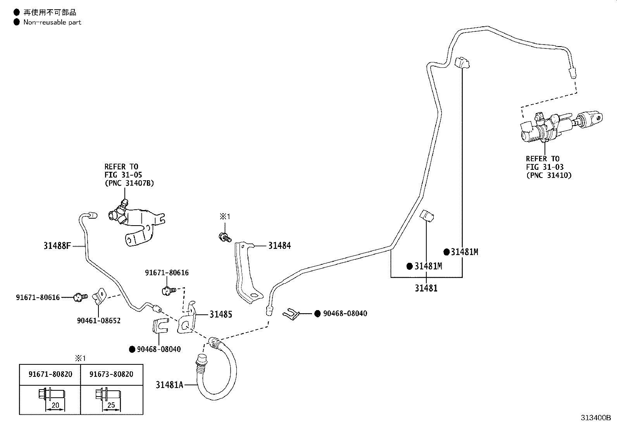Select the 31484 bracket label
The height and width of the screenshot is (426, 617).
pyautogui.click(x=279, y=245)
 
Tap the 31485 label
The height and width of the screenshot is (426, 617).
pyautogui.click(x=221, y=314)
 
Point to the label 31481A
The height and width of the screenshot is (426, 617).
pyautogui.click(x=169, y=385)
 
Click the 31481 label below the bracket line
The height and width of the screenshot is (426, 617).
pyautogui.click(x=426, y=288)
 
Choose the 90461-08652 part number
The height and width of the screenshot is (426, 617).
pyautogui.click(x=99, y=321)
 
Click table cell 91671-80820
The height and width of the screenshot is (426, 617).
pyautogui.click(x=50, y=374)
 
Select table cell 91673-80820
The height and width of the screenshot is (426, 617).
pyautogui.click(x=111, y=374)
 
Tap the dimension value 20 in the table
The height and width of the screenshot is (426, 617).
pyautogui.click(x=55, y=405)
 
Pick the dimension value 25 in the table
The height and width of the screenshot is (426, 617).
pyautogui.click(x=112, y=405)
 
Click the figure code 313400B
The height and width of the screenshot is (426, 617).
pyautogui.click(x=595, y=418)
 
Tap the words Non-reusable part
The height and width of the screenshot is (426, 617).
pyautogui.click(x=52, y=22)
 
